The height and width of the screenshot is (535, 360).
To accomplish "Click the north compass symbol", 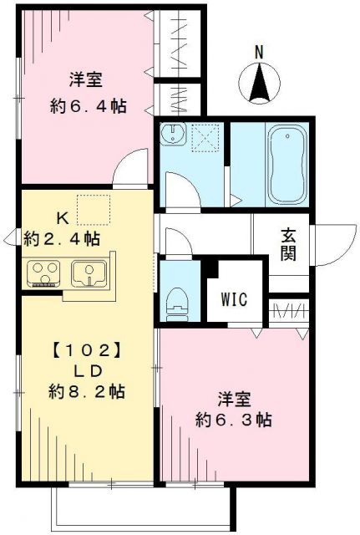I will click(x=258, y=84).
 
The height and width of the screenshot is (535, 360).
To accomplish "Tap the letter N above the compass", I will click(x=258, y=53).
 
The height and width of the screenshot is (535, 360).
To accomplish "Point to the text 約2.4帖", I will click(x=63, y=239).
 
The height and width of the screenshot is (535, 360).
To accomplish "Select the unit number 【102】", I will click(x=75, y=347).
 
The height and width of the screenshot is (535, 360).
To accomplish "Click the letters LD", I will click(x=75, y=369).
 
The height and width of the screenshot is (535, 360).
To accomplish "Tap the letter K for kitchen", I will click(x=62, y=218).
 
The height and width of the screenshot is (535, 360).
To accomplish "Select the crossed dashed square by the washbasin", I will click(x=205, y=137).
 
